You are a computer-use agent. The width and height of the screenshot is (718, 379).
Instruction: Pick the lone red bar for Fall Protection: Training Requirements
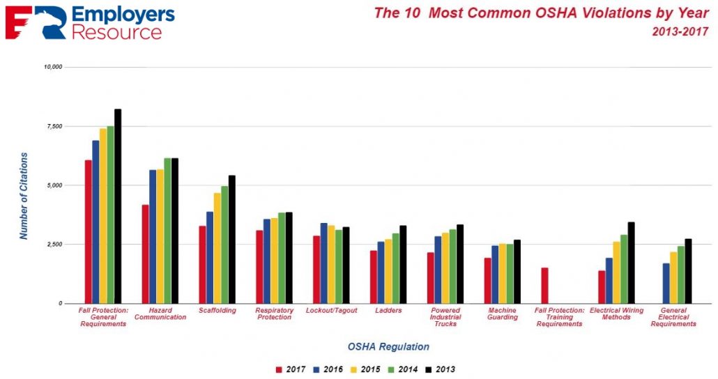544,286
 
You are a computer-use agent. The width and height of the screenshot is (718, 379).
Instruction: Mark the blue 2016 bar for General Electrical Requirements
666,283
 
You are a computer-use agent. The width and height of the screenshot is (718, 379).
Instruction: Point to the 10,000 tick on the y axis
53,67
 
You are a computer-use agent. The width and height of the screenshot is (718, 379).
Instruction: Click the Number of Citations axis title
24,196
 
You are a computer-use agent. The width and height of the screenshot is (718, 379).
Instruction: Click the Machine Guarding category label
503,314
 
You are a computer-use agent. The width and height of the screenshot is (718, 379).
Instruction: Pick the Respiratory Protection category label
274,314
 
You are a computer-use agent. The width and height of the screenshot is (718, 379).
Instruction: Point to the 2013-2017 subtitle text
680,31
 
